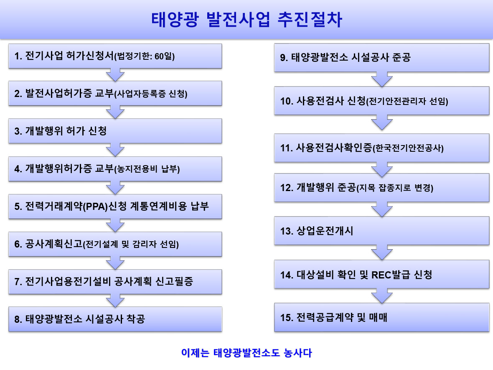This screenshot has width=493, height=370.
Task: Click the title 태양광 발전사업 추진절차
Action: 246,20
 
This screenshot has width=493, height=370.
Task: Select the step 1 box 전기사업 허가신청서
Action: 115,56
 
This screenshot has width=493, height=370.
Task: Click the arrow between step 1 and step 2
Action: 115,74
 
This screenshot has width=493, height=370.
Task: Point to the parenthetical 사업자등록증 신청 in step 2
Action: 151,94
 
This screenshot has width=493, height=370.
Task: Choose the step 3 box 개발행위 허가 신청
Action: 115,131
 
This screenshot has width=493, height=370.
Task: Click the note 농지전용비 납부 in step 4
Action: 147,169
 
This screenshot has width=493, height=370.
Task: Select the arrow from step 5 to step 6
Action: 115,225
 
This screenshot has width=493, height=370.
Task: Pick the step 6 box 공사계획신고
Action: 115,244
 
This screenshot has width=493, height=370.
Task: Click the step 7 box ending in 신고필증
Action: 115,282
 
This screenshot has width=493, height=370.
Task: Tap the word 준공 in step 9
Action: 402,57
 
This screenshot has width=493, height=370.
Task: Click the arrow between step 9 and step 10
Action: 382,79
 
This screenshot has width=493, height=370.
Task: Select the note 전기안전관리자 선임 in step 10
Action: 407,101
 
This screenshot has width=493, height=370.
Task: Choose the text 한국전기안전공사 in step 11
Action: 408,148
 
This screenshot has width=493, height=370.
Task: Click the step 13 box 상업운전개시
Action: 382,231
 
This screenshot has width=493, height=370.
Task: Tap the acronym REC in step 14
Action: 381,275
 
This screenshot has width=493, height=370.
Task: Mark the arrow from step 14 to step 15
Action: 382,296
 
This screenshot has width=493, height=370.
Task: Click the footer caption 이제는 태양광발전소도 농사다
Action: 246,353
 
